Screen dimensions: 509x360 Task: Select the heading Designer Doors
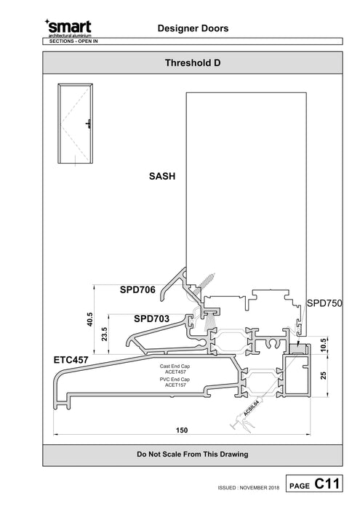[x=193, y=28]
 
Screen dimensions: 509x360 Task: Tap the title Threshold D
[x=193, y=63]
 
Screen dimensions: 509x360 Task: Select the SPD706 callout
[x=137, y=290]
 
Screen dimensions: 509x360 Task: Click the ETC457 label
[x=71, y=359]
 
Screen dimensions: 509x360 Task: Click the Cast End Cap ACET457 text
[x=174, y=368]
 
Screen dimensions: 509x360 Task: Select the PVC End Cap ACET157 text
[x=174, y=382]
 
